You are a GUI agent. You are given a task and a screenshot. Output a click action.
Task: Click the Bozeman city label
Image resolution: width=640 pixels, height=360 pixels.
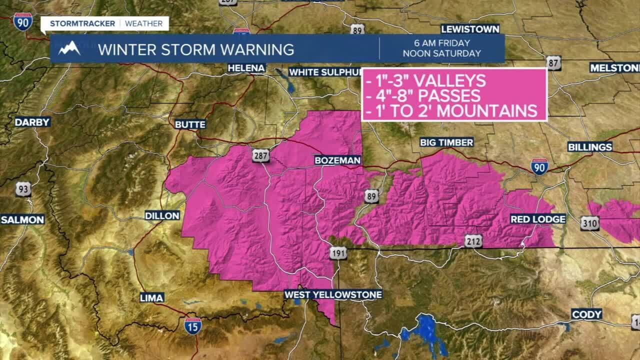point(337,160)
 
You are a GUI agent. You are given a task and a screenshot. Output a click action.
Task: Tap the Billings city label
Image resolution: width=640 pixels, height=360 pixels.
point(590,147)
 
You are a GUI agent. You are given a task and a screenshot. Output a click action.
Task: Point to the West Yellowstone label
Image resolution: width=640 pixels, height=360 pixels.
point(333,294)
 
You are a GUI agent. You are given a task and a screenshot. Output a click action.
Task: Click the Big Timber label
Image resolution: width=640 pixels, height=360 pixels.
point(446,142)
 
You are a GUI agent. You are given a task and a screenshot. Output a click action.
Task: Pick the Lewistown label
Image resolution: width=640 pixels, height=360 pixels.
point(470,29)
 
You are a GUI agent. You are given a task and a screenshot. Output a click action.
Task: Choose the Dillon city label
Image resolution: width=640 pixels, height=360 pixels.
point(162,215)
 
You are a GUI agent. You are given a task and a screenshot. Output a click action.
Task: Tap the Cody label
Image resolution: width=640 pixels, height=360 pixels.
point(586,314)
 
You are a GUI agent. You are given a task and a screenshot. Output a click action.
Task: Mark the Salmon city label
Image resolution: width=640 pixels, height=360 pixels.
point(22,219)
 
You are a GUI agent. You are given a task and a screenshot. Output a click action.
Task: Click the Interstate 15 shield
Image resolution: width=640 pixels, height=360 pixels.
point(193,325)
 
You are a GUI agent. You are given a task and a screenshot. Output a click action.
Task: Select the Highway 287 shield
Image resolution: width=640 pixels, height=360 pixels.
point(260,155)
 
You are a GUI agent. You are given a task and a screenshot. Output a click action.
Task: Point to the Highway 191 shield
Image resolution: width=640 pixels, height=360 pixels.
point(338,253)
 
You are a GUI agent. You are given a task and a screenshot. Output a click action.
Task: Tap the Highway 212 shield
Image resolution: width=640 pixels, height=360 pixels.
point(473,241)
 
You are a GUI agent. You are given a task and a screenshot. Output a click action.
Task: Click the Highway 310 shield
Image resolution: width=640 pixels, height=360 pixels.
point(590,223)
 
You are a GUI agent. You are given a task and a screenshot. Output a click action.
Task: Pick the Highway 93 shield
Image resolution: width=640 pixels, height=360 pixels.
point(23,189)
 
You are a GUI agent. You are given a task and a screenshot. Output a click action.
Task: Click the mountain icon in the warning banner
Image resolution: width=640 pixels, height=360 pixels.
point(69,48)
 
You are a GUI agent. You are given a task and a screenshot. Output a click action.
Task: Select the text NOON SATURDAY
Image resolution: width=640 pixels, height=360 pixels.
point(441,53)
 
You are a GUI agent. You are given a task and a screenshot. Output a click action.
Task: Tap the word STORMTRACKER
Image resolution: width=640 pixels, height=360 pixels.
point(82,23)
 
